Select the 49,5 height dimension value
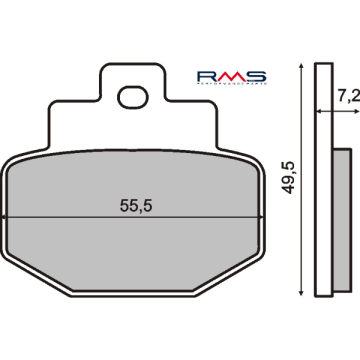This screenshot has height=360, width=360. [289, 180]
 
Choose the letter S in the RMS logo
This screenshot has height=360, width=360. [254, 76]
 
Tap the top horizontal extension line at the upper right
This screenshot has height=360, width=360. [305, 63]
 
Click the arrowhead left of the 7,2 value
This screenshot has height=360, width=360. [330, 111]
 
